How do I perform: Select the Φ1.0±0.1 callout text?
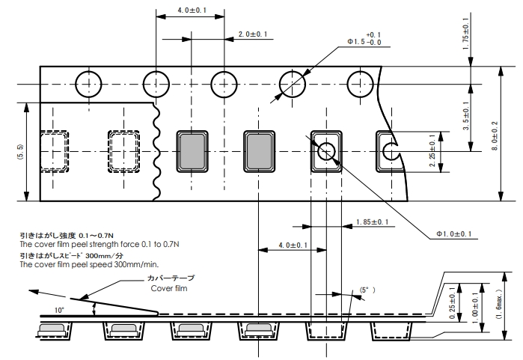pos(455,234)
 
